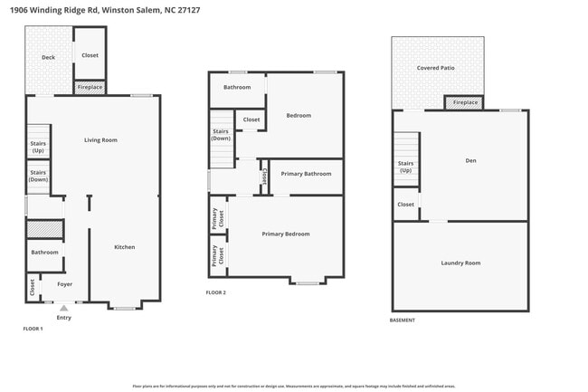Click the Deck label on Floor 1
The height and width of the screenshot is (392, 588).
pos(48,57)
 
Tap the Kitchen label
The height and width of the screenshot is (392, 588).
pos(124,247)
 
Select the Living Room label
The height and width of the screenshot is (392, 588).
pos(100,140)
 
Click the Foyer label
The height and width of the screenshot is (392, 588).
pos(65,284)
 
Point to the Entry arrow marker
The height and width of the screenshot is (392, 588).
pos(63,309)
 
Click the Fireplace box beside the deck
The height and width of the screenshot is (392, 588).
pos(90,88)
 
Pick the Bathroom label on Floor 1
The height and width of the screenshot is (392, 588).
pos(44,253)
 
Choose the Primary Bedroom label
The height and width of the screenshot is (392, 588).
pos(286,234)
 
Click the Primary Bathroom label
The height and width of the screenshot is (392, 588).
pos(306,174)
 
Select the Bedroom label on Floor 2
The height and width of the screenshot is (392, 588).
pos(299,116)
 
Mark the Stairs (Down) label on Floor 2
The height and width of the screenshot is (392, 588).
pos(221,135)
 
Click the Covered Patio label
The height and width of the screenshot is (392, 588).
pos(435,68)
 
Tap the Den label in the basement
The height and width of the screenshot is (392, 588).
pos(470,161)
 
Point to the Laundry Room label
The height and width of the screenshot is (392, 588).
pos(460,263)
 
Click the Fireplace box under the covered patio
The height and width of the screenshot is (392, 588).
pos(465,103)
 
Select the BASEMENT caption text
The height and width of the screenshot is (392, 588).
pos(403,320)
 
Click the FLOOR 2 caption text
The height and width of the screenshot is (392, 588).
pos(215,292)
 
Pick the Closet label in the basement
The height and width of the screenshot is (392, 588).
pos(405,205)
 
